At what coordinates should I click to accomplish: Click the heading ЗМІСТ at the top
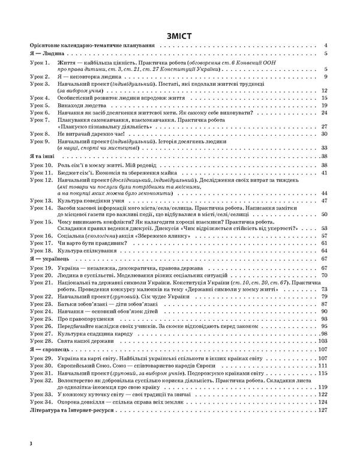(x=180, y=35)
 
